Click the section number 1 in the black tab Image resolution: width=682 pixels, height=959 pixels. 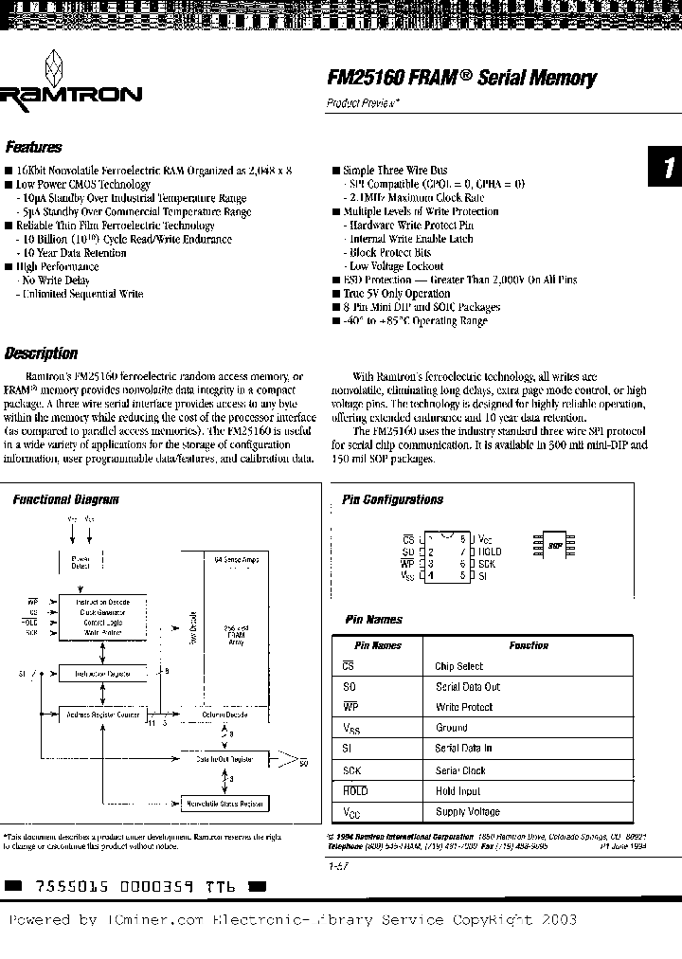667,169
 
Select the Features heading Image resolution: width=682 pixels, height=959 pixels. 34,148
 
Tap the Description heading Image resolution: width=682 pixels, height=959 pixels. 41,353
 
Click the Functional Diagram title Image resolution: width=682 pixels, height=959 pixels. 66,499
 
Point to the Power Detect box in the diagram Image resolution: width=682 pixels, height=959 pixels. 81,561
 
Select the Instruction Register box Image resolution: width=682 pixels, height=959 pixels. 103,674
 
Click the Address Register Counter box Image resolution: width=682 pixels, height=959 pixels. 103,715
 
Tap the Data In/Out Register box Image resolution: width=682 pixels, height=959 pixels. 224,759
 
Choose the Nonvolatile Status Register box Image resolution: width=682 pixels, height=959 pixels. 225,804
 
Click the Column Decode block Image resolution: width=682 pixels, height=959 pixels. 224,715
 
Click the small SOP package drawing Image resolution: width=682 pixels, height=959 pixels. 554,546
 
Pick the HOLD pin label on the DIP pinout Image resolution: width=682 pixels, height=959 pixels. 491,551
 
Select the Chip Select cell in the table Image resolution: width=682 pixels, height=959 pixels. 459,666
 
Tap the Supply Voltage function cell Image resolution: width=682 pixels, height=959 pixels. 468,812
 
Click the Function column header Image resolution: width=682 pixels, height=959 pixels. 528,645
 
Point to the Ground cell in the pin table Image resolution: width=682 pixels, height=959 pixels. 452,728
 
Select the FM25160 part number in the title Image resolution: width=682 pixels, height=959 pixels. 361,78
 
